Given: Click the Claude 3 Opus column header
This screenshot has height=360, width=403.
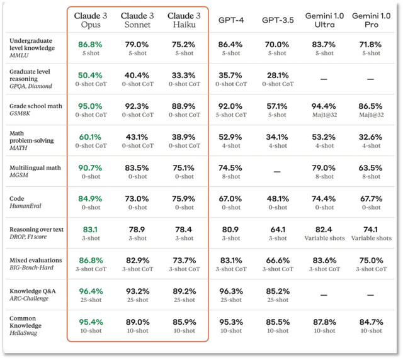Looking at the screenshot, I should (90, 20).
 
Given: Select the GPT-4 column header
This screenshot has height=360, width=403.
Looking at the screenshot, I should (231, 20).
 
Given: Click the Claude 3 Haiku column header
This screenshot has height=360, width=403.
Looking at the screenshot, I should (184, 20).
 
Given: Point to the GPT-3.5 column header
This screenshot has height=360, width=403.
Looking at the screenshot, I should (278, 20).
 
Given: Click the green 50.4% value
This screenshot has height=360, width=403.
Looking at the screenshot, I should (90, 76).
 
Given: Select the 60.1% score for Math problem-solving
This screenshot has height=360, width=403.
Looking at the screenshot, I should (90, 137).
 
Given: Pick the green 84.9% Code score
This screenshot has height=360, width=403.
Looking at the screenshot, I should (90, 199).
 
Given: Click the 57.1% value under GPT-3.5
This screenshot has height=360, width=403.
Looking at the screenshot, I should (278, 106).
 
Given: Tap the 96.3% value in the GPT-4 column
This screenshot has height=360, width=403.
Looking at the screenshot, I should (231, 291).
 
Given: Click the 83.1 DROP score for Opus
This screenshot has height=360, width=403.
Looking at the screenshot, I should (90, 230).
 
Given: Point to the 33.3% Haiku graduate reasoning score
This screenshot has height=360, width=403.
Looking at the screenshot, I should (184, 76).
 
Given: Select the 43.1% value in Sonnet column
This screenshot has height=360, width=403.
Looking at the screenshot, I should (137, 137).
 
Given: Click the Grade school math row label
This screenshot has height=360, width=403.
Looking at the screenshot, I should (35, 106).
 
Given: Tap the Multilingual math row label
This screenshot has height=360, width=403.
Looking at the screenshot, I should (35, 167).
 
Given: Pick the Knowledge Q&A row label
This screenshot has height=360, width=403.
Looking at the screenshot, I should (34, 291).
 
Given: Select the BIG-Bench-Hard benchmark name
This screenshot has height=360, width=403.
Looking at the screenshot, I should (31, 267).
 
